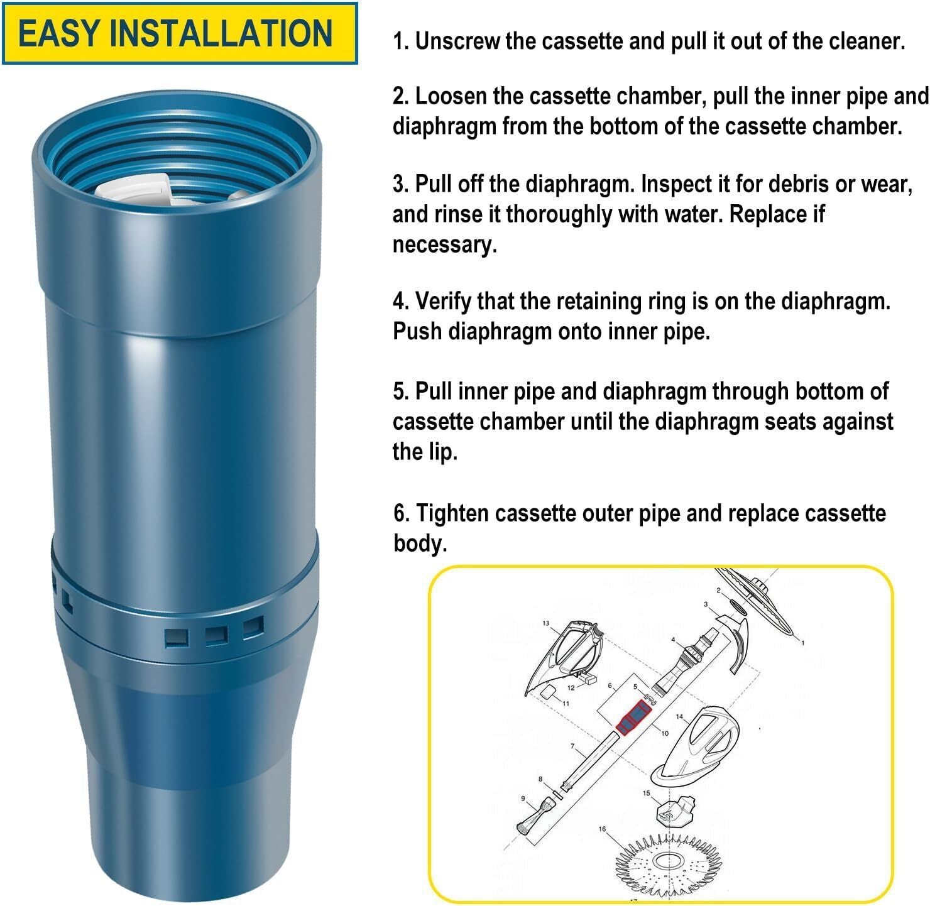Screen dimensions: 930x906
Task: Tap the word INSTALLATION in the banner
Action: coord(221,33)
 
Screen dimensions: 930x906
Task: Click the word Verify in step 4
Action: coord(442,302)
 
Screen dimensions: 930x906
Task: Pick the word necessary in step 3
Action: coord(444,245)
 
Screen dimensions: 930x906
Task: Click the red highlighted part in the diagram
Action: coord(633,718)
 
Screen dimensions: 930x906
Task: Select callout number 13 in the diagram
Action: coord(546,623)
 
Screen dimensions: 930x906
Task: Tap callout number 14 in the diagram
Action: coord(679,716)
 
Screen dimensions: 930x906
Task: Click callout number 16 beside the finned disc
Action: coord(602,829)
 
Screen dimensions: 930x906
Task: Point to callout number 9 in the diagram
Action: coord(523,799)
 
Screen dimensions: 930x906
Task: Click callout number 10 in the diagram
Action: coord(665,733)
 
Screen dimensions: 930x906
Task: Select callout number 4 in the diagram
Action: coord(673,640)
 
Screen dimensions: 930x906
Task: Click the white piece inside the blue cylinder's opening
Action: coord(134,188)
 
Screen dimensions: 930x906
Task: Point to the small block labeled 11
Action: coord(548,692)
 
